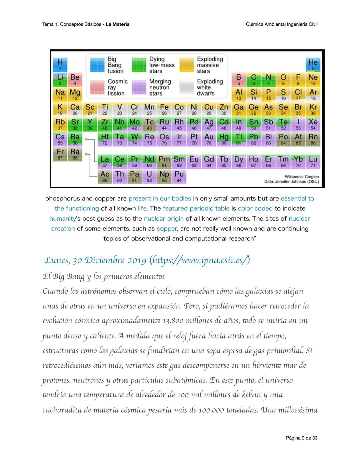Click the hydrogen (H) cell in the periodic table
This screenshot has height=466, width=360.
[60, 64]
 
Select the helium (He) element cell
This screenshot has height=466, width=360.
[313, 64]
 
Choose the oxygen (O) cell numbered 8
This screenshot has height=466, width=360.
[283, 79]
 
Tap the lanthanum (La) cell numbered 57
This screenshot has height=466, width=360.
[105, 161]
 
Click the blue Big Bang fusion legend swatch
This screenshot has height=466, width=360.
[97, 65]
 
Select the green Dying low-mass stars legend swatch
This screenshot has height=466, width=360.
[139, 65]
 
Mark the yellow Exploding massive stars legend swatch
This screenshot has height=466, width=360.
[187, 65]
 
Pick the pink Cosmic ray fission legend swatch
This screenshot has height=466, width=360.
[97, 87]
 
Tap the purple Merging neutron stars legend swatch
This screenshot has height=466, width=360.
[139, 87]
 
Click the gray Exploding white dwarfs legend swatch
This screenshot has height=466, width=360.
[187, 87]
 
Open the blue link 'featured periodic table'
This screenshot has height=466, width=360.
[196, 208]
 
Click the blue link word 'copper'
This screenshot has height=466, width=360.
[167, 228]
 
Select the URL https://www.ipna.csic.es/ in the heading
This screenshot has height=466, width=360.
[200, 260]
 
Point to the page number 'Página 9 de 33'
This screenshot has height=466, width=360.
[301, 438]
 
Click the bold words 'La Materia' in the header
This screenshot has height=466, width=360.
[117, 24]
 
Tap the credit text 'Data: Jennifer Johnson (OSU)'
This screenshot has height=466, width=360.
[291, 182]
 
